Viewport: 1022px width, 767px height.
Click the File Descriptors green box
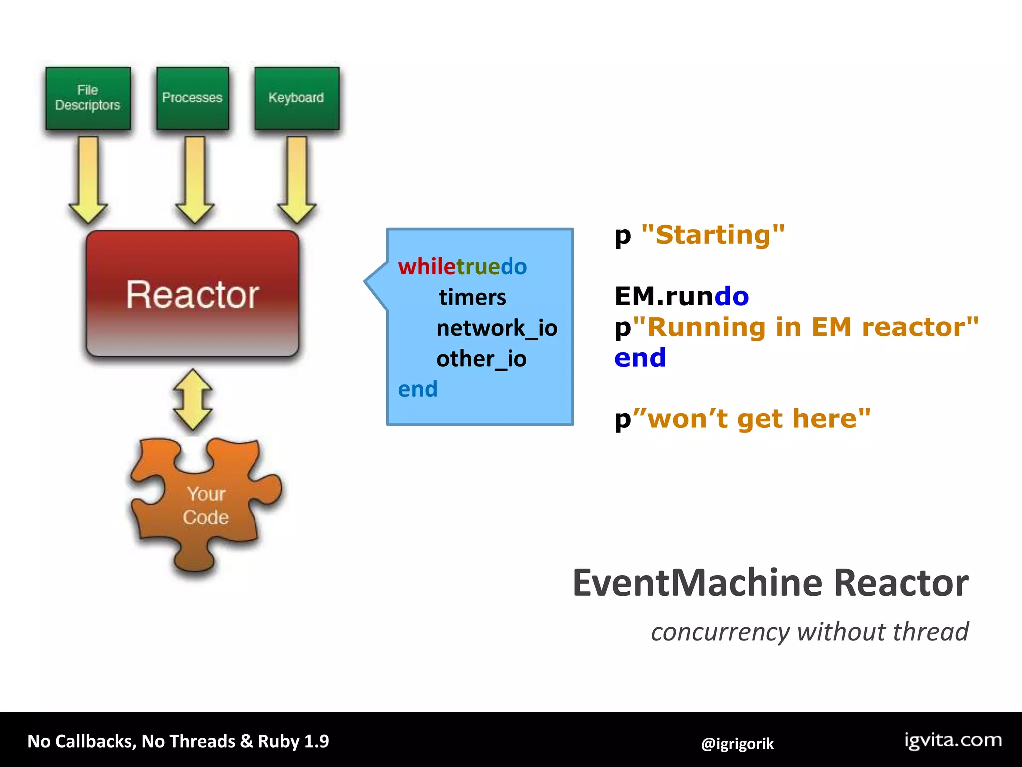click(88, 98)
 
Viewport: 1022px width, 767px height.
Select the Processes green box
click(192, 98)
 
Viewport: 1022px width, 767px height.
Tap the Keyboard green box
click(296, 98)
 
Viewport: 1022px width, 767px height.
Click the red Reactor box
click(193, 294)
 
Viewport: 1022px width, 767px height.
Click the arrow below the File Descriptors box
click(88, 180)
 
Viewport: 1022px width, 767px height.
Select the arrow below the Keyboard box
click(297, 180)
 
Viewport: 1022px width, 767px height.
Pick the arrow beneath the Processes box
click(195, 180)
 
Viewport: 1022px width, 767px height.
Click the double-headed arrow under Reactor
click(193, 399)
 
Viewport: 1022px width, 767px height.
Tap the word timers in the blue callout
click(472, 298)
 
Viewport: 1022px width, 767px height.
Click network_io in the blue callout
click(497, 328)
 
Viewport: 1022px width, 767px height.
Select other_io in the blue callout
click(481, 359)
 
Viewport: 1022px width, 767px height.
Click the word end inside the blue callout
click(418, 389)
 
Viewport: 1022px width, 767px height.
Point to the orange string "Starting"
click(713, 235)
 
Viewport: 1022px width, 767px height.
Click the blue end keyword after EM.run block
click(640, 358)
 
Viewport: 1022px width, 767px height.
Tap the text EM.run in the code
click(664, 296)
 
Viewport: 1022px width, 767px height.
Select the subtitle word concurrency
click(720, 632)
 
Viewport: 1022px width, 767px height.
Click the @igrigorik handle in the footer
click(737, 744)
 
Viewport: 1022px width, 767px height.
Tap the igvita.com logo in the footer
click(953, 740)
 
